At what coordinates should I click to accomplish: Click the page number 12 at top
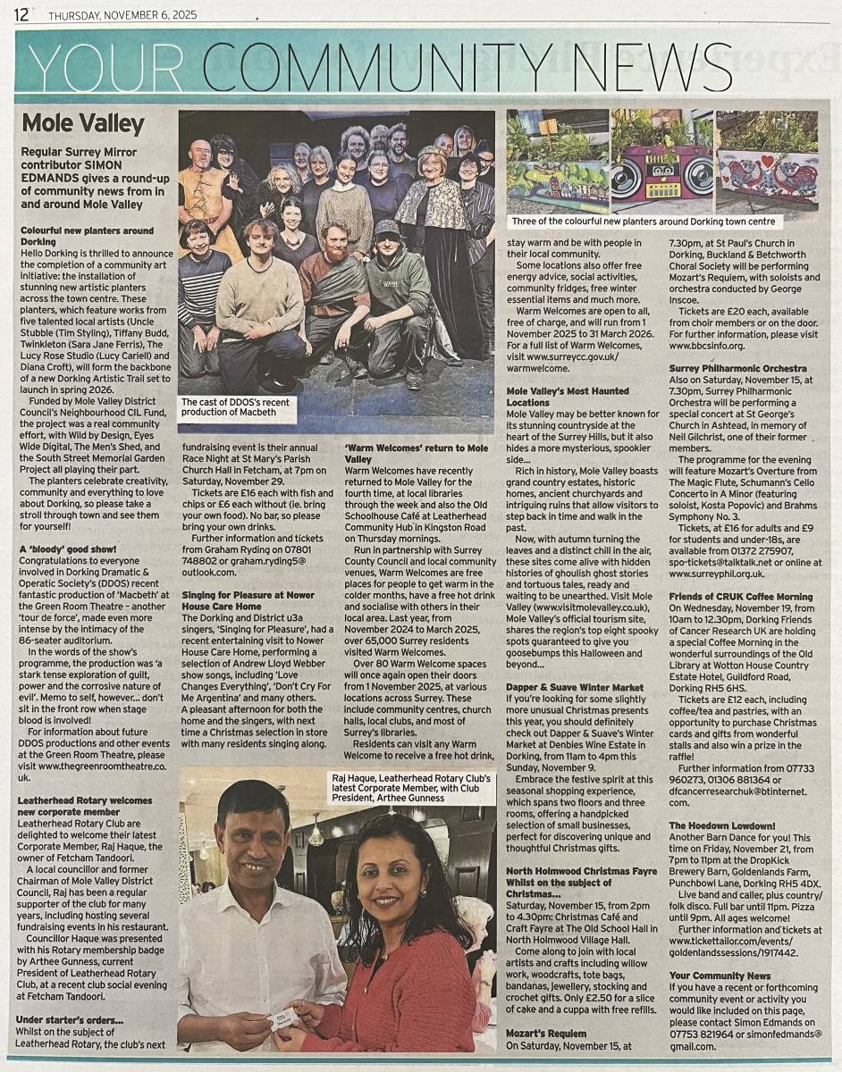[22, 14]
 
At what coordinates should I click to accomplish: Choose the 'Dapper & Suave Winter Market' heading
[575, 687]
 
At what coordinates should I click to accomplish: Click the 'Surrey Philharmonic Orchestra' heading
[725, 368]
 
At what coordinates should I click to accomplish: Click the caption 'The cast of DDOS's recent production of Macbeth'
[236, 407]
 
